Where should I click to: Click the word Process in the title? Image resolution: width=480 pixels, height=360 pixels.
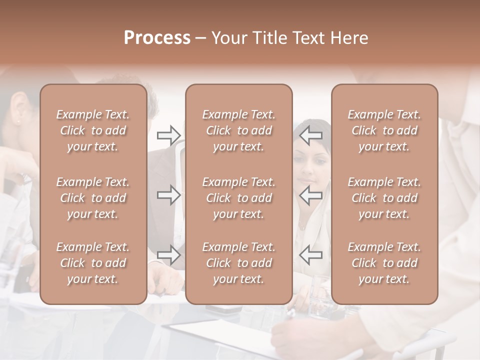point(157,38)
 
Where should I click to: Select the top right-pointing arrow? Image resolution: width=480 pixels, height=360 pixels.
point(168,135)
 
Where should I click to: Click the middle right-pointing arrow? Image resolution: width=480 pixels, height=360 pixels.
point(168,195)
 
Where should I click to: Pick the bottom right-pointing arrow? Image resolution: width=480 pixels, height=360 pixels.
point(168,255)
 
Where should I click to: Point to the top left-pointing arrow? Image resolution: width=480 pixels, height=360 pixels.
point(311,135)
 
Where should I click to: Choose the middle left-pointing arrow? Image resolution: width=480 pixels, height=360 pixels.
point(311,195)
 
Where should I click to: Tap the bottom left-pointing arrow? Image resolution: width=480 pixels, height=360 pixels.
point(311,255)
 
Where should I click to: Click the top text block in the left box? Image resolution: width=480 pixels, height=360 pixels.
point(93,130)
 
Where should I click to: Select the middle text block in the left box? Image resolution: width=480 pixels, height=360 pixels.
point(93,198)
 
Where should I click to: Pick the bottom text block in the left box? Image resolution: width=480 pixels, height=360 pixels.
point(93,263)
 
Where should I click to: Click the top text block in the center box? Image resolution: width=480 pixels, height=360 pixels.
point(239,130)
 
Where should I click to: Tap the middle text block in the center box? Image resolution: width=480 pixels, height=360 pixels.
point(239,198)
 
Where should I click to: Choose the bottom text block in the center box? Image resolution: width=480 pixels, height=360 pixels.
point(239,263)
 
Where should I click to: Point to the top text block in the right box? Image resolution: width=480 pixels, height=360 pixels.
point(384,130)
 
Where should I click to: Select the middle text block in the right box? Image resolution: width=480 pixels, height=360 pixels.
point(384,198)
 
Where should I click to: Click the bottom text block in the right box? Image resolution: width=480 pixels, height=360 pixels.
point(384,263)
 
